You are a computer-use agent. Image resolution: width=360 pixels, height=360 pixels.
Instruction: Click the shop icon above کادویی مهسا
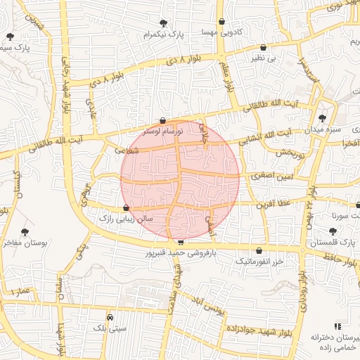click(x=223, y=20)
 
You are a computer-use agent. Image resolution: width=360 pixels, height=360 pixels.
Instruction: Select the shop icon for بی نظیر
click(x=263, y=47)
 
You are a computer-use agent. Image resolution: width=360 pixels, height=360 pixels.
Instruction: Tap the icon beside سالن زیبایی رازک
click(x=126, y=207)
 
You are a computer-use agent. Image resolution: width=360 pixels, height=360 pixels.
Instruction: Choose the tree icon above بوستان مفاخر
click(x=25, y=231)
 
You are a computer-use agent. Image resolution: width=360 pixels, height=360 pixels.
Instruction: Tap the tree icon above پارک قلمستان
click(x=333, y=231)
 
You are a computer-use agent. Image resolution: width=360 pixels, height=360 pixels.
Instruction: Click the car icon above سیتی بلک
click(x=109, y=316)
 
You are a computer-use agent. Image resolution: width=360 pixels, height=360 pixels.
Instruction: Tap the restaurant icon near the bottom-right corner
click(x=337, y=326)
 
